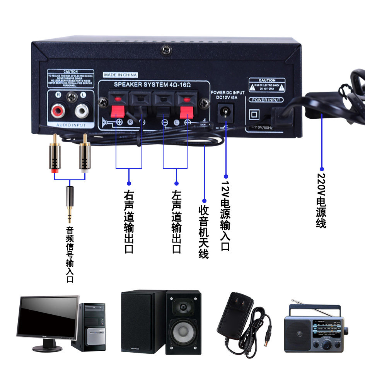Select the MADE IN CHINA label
(120, 75)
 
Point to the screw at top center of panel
(166, 50)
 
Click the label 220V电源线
(321, 201)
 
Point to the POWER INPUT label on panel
(266, 100)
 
